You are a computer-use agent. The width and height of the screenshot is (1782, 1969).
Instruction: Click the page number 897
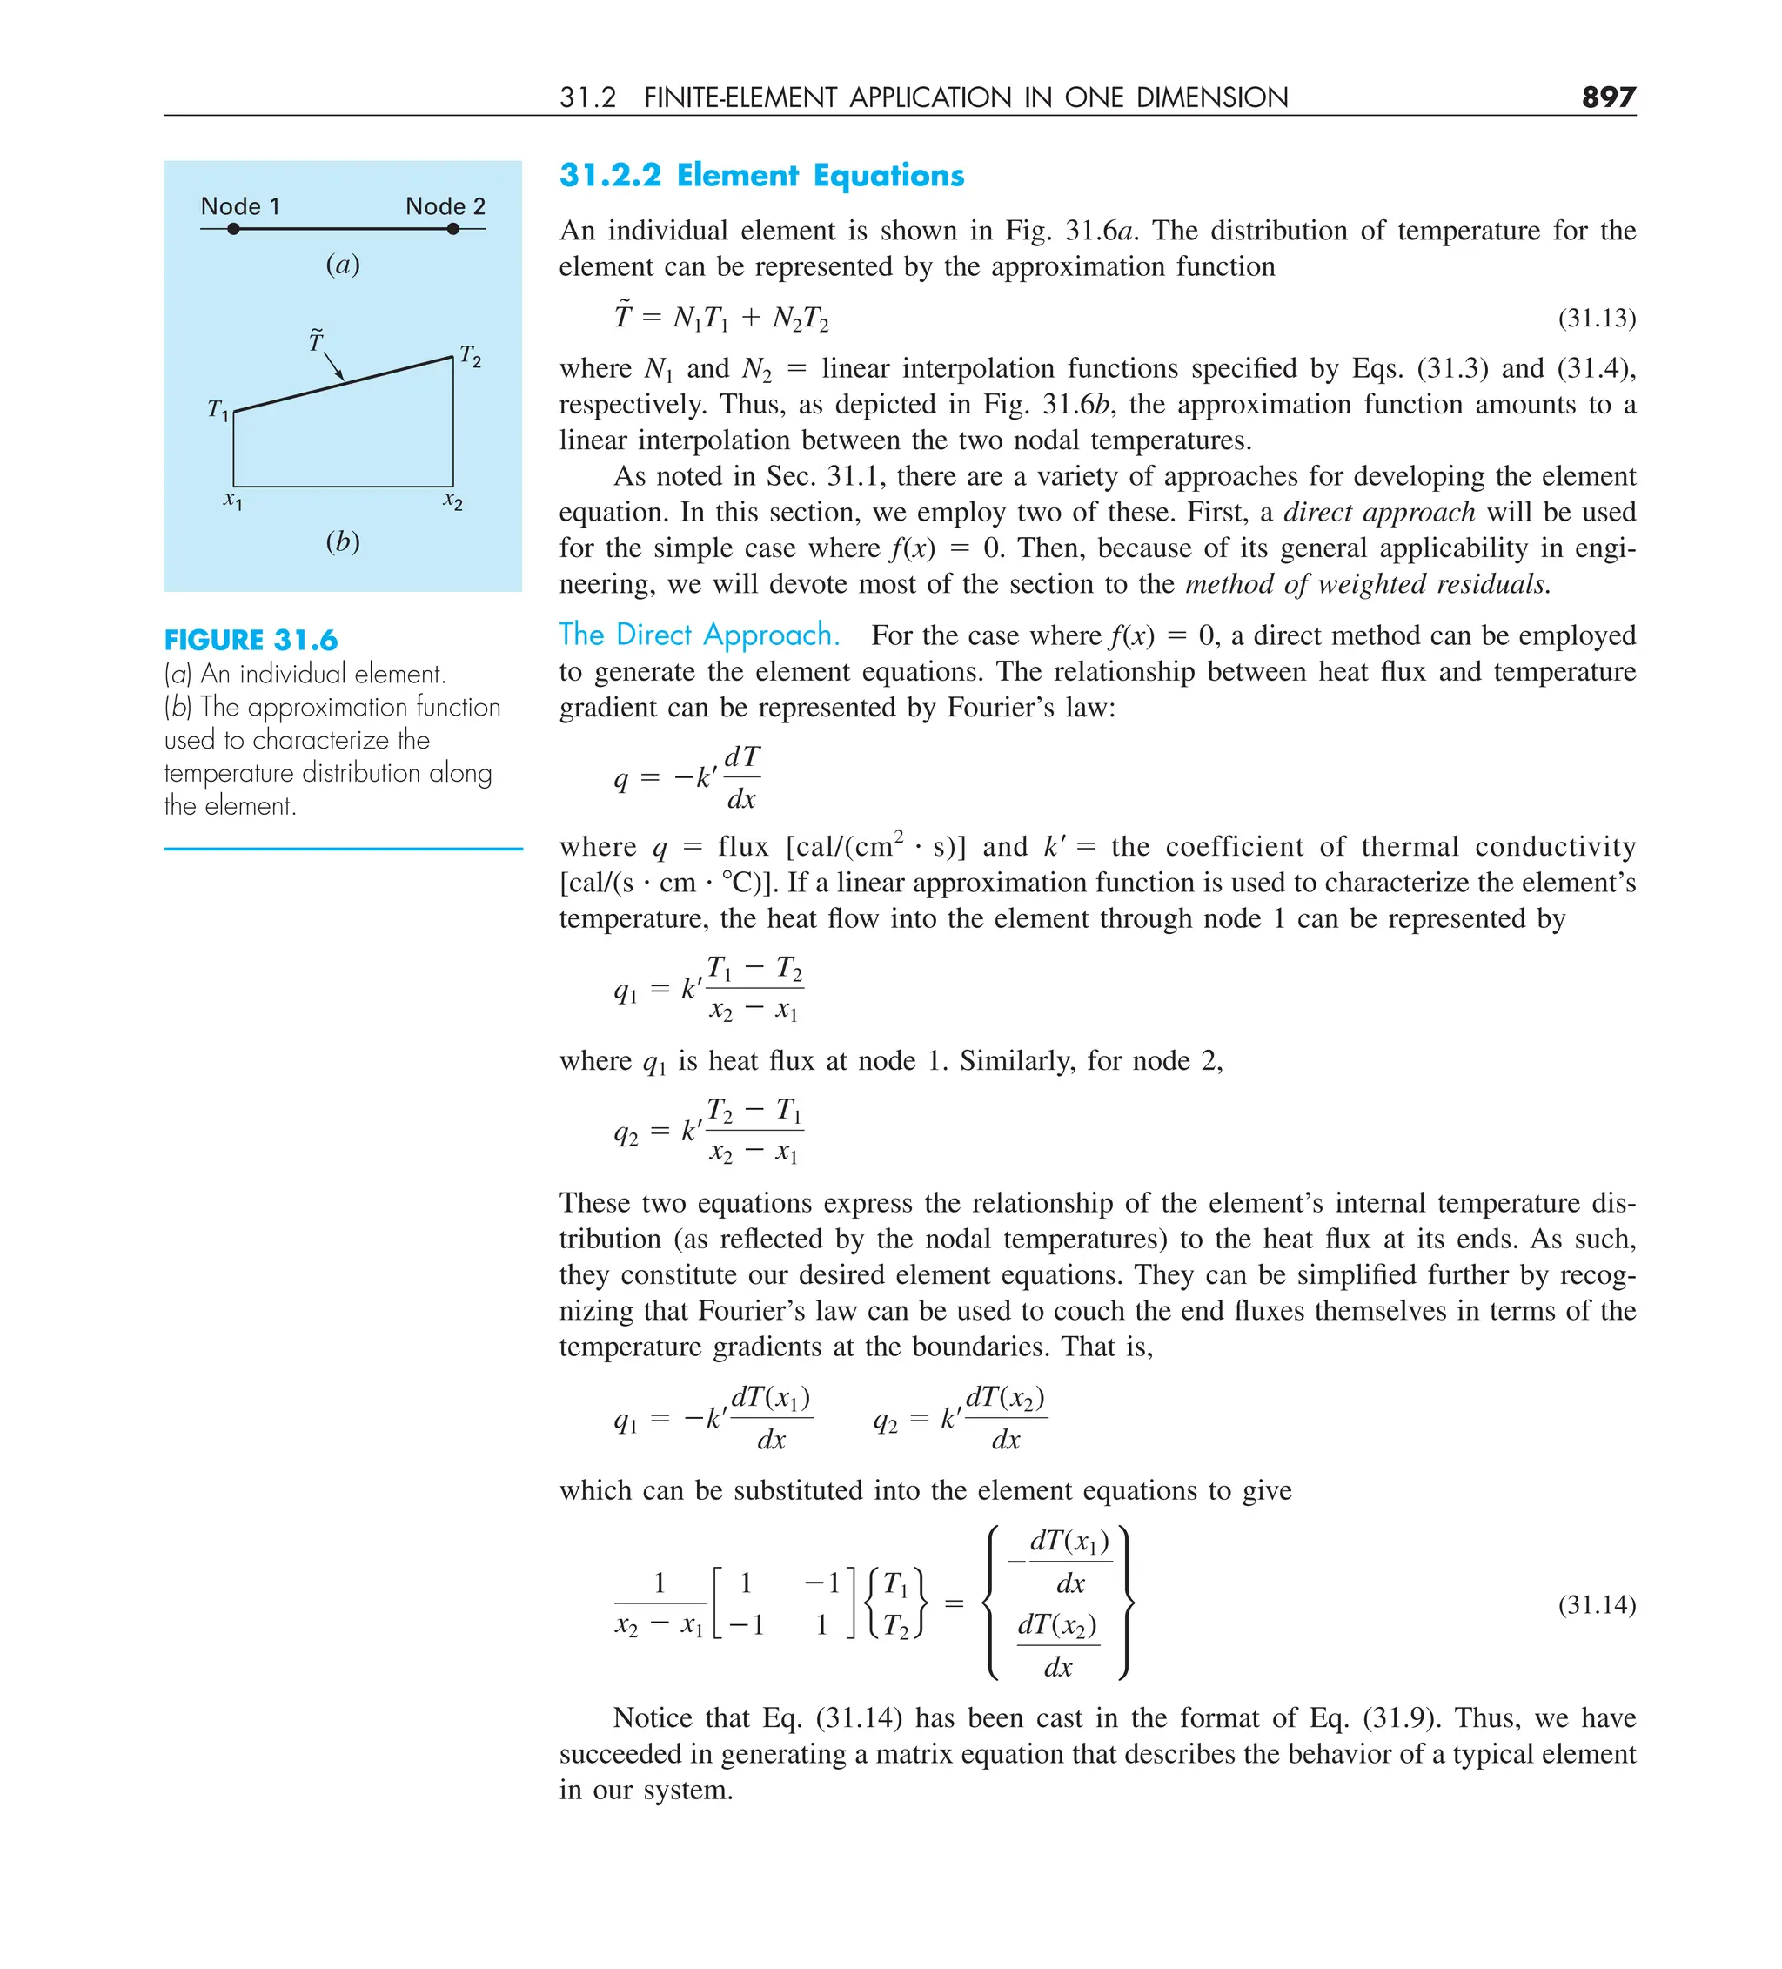coord(1607,97)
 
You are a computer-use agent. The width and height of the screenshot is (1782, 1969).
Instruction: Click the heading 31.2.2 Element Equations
coord(760,175)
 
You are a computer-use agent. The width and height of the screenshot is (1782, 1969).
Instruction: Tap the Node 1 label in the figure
coord(239,206)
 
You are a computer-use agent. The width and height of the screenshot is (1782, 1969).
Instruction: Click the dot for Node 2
coord(453,229)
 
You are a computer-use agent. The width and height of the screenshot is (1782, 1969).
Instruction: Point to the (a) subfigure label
coord(343,264)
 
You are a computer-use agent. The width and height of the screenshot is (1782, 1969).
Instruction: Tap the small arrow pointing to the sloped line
coord(333,366)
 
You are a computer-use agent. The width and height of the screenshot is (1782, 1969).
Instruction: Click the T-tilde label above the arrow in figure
coord(315,339)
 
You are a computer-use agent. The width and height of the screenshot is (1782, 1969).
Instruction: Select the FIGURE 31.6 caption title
coord(251,640)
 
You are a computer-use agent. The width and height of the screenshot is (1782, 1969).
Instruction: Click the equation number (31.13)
coord(1597,318)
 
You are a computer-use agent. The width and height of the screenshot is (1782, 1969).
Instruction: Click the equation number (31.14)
coord(1597,1603)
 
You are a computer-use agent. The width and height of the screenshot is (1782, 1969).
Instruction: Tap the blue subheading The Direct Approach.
coord(698,635)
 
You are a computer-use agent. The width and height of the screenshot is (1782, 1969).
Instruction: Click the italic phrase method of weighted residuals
coord(1367,584)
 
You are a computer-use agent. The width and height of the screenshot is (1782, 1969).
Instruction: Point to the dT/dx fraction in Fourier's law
coord(742,777)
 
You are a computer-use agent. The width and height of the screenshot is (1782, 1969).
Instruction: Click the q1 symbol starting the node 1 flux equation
coord(625,991)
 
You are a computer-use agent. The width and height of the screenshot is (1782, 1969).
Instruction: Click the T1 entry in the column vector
coord(895,1583)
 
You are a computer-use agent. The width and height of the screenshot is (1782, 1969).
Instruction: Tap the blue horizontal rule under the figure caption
coord(343,849)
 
